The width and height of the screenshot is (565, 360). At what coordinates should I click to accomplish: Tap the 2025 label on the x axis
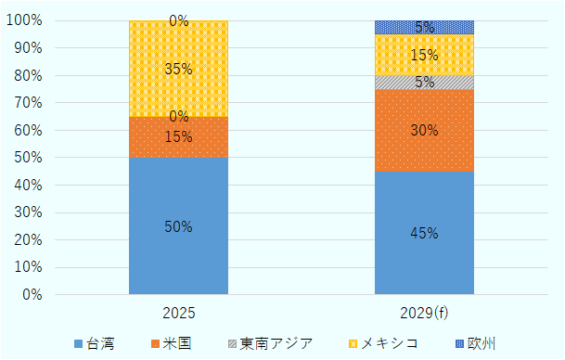tap(178, 313)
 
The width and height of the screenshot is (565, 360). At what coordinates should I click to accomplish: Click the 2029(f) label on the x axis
tap(424, 313)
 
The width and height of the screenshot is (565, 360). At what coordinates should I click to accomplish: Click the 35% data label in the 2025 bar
tap(178, 69)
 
